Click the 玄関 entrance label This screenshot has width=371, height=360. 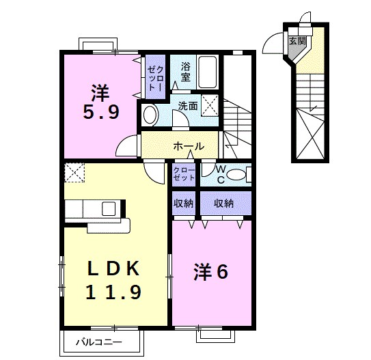point(297,40)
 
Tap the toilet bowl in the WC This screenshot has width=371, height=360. point(236,175)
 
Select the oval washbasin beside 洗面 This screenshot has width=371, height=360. point(151,114)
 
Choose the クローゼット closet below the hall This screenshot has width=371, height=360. point(183,174)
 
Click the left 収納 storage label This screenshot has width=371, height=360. point(183,203)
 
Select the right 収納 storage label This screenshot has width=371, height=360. point(223,203)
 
